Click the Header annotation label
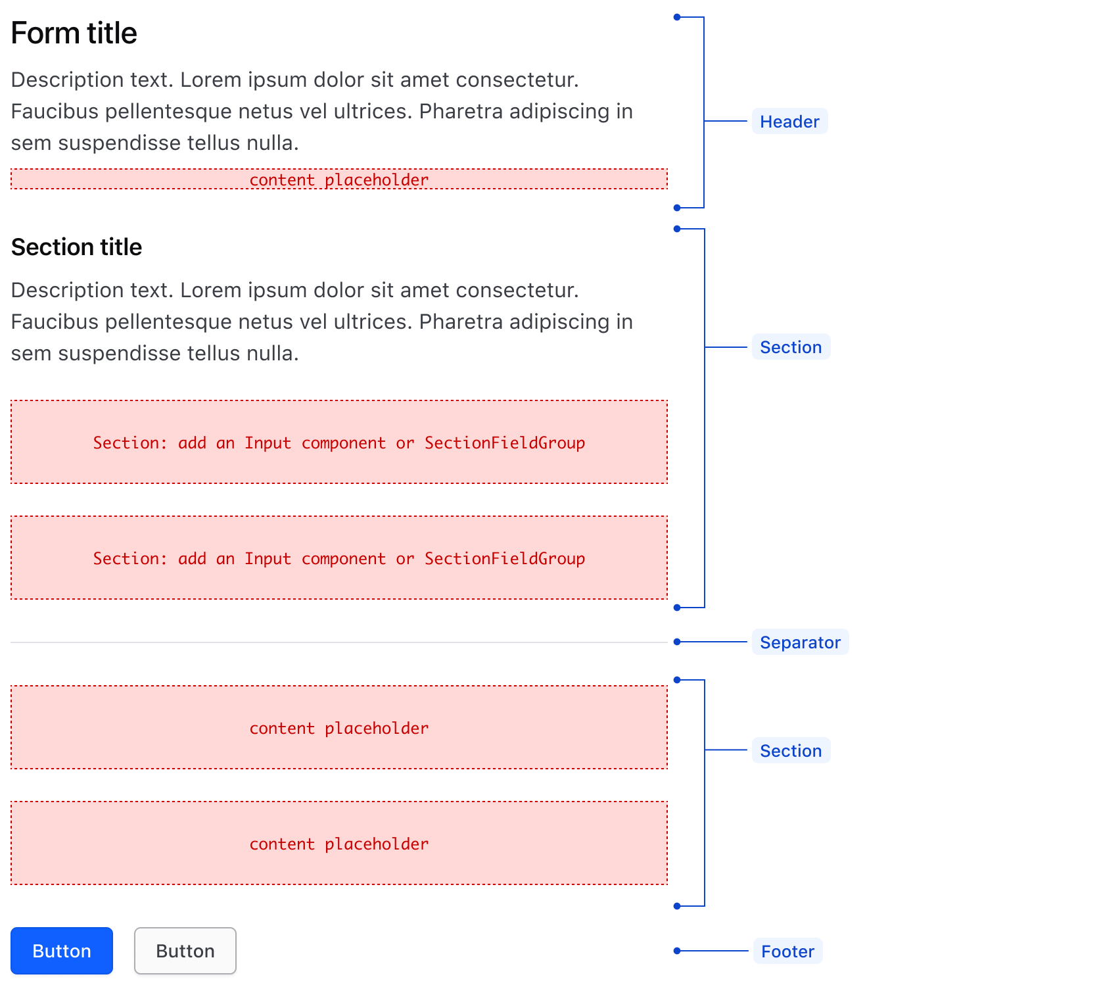(x=789, y=122)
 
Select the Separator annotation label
(x=800, y=642)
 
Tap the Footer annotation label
(x=787, y=951)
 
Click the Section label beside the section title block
(x=791, y=347)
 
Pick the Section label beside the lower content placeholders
(x=791, y=751)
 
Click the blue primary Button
(x=62, y=951)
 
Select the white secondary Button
(x=185, y=951)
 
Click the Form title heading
(x=74, y=34)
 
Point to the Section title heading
(x=76, y=247)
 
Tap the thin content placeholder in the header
(x=339, y=179)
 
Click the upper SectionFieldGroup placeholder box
(x=339, y=442)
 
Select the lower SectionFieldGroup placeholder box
(x=339, y=558)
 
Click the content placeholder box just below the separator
(x=339, y=727)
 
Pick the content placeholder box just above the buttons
(x=339, y=843)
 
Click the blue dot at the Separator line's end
(x=677, y=642)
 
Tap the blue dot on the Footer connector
(x=677, y=951)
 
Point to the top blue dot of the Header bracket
(x=677, y=17)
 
